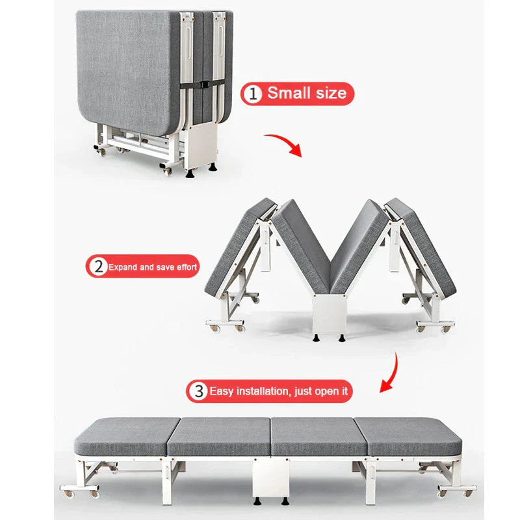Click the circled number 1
pyautogui.click(x=253, y=94)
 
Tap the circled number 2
pyautogui.click(x=99, y=266)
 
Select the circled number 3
pyautogui.click(x=199, y=391)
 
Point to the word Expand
pyautogui.click(x=122, y=267)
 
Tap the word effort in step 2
pyautogui.click(x=187, y=267)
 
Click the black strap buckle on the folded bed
pyautogui.click(x=203, y=84)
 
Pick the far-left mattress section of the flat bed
pyautogui.click(x=126, y=436)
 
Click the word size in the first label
pyautogui.click(x=331, y=93)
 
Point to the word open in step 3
pyautogui.click(x=327, y=392)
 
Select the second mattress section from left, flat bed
pyautogui.click(x=220, y=436)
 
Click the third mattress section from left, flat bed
pyautogui.click(x=319, y=436)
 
